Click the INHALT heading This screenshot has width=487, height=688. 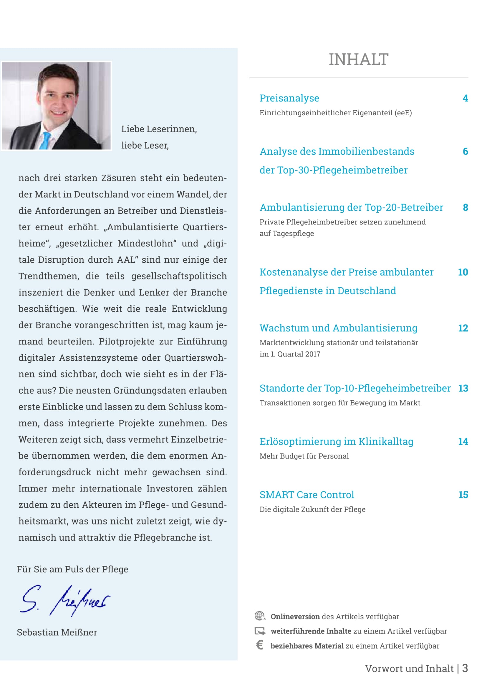[358, 59]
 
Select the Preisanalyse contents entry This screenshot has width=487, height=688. [289, 98]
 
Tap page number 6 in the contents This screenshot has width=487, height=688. [465, 151]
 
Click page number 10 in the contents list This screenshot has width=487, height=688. [463, 272]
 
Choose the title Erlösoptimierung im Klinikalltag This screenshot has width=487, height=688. [336, 442]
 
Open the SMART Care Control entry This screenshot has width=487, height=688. [307, 495]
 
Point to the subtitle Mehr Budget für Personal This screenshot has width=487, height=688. [304, 456]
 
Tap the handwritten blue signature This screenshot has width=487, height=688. [64, 601]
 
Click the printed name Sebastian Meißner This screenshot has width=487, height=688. [57, 632]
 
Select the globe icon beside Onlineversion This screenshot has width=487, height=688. [260, 616]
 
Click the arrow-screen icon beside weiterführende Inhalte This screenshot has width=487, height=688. [260, 631]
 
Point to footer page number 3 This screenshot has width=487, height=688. [465, 669]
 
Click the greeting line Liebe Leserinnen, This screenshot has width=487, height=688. [159, 129]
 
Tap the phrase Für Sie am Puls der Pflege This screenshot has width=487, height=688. [72, 569]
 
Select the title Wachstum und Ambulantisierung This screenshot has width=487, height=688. [338, 328]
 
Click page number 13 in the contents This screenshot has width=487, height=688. [463, 388]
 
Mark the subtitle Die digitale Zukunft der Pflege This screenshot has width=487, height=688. [312, 509]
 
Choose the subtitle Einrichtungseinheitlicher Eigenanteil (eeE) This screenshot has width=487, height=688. [336, 113]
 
